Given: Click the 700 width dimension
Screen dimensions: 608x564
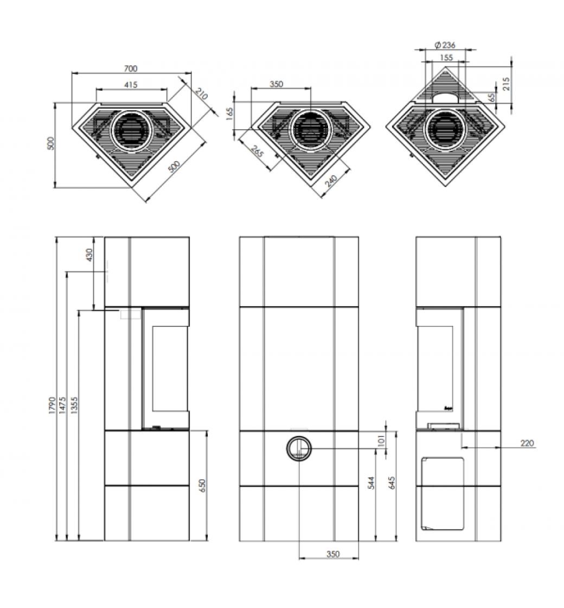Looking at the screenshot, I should pyautogui.click(x=131, y=69).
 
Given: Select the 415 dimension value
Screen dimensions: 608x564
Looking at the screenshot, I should pyautogui.click(x=131, y=85).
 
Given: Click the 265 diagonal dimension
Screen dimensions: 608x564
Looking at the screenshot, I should pyautogui.click(x=257, y=153).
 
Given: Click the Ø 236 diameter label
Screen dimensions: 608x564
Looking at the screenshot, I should pyautogui.click(x=444, y=46).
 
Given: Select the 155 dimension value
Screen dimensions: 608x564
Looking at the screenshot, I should pyautogui.click(x=446, y=57).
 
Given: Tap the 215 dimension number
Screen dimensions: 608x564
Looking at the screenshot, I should pyautogui.click(x=507, y=84).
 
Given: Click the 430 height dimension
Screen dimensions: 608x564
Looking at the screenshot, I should pyautogui.click(x=90, y=254).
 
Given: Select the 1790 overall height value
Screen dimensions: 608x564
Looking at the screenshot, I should pyautogui.click(x=52, y=404).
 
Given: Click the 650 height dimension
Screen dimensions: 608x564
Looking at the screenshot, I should pyautogui.click(x=202, y=485).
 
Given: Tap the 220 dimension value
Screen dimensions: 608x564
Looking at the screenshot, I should pyautogui.click(x=527, y=444).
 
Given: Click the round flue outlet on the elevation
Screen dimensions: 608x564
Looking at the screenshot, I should pyautogui.click(x=298, y=448).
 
